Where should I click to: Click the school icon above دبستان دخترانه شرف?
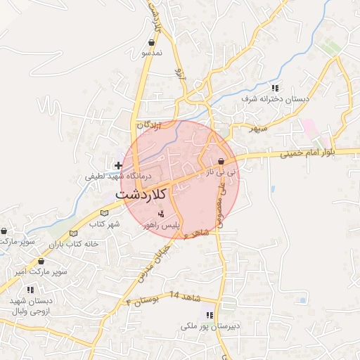pos(275,88)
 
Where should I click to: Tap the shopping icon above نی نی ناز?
pos(221,161)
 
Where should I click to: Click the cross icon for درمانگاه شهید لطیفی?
pos(118,165)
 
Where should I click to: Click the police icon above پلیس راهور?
pos(162,214)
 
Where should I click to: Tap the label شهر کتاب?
pos(105,223)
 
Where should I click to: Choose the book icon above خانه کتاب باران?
pos(74,233)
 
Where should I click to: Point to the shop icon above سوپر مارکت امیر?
pos(41,260)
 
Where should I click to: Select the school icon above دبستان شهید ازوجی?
pos(30,289)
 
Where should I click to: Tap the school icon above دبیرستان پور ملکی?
pos(209,314)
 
